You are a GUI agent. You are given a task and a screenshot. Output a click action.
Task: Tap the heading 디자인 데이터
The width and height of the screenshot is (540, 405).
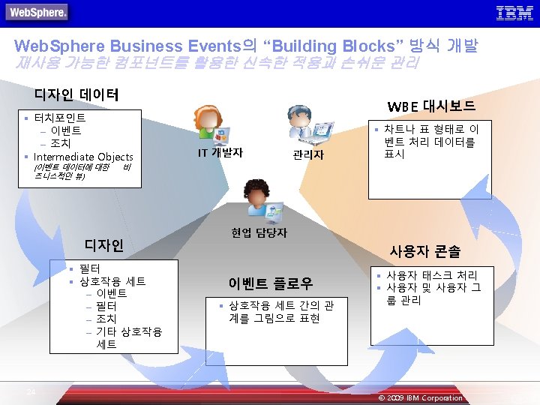click(x=76, y=94)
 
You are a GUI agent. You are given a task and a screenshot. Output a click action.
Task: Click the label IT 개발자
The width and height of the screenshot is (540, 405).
click(x=220, y=152)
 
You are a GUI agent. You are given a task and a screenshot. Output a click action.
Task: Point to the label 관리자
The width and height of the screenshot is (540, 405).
click(x=308, y=154)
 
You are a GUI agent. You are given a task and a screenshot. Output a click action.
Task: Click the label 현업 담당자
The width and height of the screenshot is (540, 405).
click(x=259, y=233)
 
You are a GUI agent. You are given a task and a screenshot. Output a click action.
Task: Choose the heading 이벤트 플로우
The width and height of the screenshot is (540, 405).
click(x=270, y=283)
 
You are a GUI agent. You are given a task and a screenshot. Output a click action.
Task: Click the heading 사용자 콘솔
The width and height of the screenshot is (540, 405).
click(x=424, y=251)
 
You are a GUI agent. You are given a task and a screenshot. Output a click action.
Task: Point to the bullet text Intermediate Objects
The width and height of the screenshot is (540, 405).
click(x=83, y=157)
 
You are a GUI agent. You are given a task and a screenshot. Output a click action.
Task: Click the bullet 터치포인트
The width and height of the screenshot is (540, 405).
click(x=60, y=118)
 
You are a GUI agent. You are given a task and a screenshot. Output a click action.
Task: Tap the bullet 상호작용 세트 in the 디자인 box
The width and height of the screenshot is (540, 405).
click(x=112, y=281)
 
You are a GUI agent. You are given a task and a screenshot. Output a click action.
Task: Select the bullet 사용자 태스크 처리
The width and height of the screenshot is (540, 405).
click(x=431, y=274)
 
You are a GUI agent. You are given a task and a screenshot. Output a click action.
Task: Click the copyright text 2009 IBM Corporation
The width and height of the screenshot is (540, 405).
click(x=424, y=397)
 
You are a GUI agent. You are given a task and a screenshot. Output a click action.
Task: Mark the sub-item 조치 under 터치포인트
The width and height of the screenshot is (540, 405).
click(x=61, y=143)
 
